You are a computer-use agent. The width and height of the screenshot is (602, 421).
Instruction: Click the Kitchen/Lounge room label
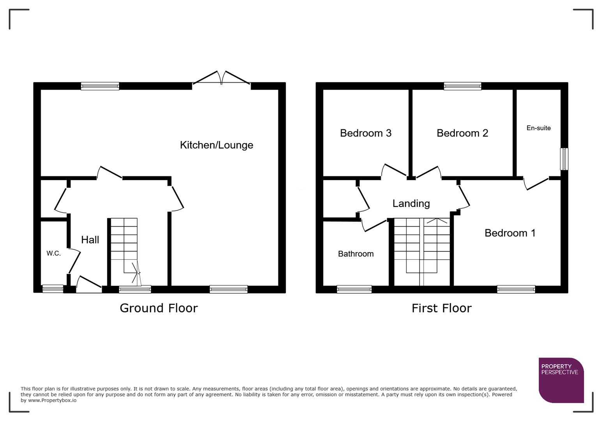(216, 145)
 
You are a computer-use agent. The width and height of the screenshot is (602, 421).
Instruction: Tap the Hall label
(90, 240)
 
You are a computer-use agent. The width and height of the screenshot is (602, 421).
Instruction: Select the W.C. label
(53, 253)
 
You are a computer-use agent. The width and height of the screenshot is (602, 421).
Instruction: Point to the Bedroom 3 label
(365, 133)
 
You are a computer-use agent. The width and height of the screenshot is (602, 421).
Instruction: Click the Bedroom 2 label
(462, 133)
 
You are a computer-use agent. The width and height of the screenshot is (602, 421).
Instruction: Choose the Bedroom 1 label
(510, 233)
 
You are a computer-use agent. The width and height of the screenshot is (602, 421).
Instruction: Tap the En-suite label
(538, 128)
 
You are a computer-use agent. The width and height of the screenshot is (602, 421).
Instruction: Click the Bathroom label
(356, 254)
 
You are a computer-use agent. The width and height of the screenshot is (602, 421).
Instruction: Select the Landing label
(411, 203)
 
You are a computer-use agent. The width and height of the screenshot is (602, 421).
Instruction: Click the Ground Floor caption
(159, 308)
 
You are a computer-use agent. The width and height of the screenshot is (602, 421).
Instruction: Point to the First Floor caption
(441, 308)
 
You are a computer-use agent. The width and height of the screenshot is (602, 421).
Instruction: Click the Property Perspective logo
(561, 380)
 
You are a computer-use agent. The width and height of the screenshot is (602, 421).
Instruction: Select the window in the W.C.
(53, 289)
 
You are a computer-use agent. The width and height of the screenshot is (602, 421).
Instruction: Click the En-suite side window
(564, 159)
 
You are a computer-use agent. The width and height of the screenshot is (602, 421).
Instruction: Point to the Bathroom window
(354, 289)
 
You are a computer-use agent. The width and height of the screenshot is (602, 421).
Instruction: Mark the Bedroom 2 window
(462, 86)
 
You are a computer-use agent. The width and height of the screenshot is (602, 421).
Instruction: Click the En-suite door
(536, 183)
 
